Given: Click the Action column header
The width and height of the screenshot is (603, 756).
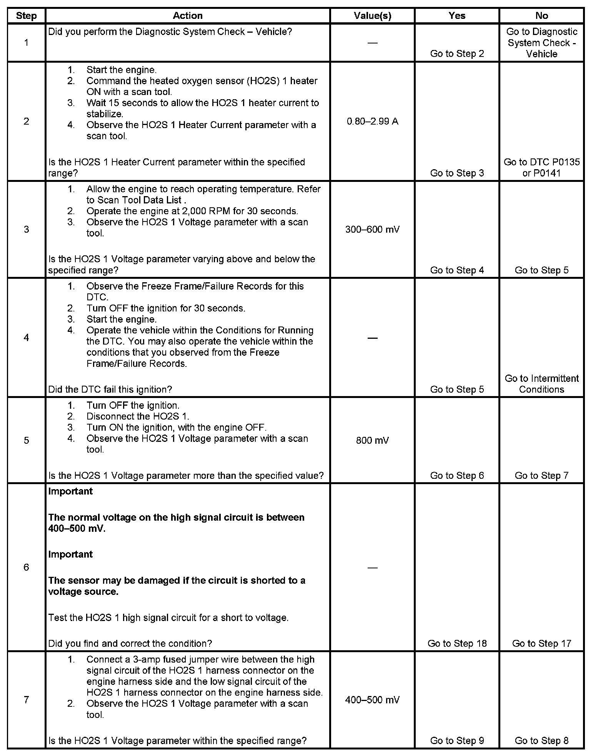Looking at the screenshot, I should (x=187, y=16).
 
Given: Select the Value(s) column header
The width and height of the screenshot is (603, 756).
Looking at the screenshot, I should (x=372, y=16).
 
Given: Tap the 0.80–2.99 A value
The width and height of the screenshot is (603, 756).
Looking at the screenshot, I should (x=372, y=122).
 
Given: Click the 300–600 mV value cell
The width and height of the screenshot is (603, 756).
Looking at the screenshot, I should (x=372, y=230).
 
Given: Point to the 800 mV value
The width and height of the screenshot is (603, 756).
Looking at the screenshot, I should (x=372, y=440).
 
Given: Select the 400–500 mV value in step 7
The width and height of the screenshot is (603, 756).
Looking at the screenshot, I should (x=372, y=700).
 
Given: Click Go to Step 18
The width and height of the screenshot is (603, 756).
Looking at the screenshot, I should (x=457, y=643).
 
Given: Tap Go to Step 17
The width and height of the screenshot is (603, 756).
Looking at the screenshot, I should (x=541, y=643).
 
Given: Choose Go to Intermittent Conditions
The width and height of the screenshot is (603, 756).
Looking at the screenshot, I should (x=541, y=384).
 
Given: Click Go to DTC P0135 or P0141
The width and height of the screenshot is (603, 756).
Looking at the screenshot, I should (x=541, y=168).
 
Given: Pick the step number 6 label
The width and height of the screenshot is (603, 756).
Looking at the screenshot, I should (x=26, y=567).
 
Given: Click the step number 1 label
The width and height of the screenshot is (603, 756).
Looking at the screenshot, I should (x=26, y=43).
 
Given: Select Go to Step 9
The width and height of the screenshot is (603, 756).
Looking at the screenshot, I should (x=457, y=741).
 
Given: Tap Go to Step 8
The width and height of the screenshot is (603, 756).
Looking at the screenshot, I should (x=541, y=741).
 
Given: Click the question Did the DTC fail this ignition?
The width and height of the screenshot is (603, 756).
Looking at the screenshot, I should (x=110, y=390).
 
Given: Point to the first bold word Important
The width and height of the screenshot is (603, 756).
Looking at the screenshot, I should (x=70, y=491).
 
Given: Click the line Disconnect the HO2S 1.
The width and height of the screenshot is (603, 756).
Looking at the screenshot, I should (x=138, y=416).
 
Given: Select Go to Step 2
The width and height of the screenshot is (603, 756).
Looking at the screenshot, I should (x=457, y=54).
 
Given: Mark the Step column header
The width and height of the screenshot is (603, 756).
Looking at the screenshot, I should (x=26, y=16).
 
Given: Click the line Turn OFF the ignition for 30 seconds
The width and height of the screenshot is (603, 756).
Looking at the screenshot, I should (x=166, y=308).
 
